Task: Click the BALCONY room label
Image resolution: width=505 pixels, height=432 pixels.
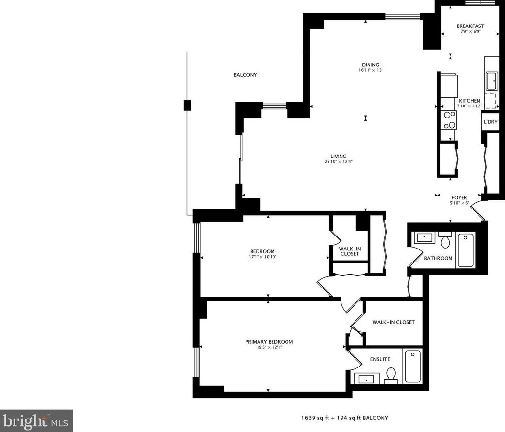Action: point(245,75)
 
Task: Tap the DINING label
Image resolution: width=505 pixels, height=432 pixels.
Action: point(370,65)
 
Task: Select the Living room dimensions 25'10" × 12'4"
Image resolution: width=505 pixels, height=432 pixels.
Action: point(338,162)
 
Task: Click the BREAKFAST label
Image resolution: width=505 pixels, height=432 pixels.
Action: point(470,26)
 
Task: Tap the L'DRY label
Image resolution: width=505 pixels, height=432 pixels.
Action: point(490,122)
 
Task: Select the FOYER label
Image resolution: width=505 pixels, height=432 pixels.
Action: point(459,197)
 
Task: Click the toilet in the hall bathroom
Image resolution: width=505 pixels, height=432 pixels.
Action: point(445,239)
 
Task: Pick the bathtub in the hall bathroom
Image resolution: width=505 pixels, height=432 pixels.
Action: point(466,249)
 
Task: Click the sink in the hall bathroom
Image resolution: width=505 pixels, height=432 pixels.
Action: point(424,237)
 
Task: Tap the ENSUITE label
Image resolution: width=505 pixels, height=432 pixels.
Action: point(380,359)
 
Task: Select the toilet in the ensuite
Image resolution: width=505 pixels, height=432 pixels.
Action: point(391,376)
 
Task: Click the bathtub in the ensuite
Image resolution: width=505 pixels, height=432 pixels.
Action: point(412,366)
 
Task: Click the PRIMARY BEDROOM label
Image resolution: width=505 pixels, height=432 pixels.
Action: point(269,342)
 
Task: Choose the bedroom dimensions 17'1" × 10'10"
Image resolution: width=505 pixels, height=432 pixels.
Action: point(262,257)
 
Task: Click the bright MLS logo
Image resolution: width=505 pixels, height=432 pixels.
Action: point(36,421)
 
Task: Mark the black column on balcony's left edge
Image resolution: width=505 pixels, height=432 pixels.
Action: point(187,105)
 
